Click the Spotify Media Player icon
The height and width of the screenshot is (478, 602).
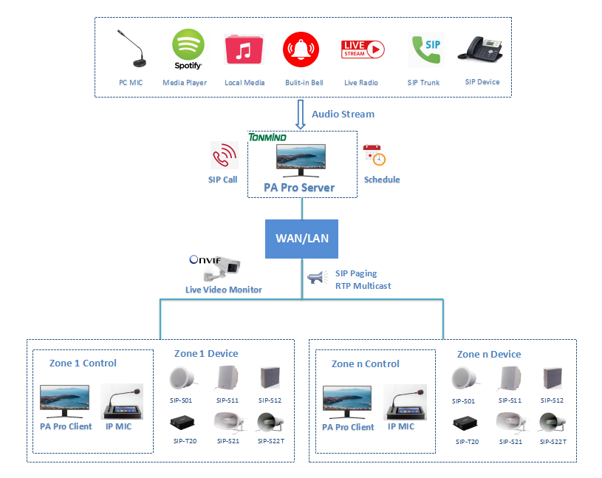(188, 49)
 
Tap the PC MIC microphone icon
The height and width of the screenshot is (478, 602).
(131, 49)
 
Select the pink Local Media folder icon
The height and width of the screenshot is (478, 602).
(244, 50)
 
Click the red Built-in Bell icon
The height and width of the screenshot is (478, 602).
(301, 50)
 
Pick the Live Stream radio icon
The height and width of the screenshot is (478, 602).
(362, 49)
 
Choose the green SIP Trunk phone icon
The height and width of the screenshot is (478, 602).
(425, 50)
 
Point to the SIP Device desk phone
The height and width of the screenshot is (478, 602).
(481, 48)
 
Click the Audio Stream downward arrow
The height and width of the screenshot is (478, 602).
(301, 115)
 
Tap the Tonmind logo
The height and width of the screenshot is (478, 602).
(267, 137)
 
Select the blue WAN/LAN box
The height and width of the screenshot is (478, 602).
(301, 239)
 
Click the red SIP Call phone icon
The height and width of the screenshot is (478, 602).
(223, 156)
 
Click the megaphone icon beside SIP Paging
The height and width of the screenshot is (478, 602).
(317, 279)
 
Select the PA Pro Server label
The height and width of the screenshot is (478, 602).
(299, 188)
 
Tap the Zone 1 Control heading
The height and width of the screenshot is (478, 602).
(83, 363)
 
